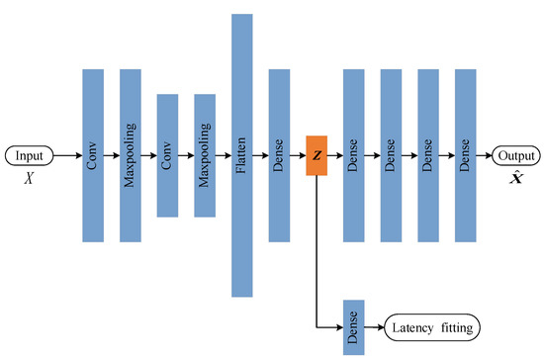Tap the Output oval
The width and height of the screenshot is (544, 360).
(517, 155)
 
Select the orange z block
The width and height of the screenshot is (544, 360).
(317, 155)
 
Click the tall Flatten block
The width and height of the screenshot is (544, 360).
(242, 155)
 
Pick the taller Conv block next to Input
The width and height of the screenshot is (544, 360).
(92, 155)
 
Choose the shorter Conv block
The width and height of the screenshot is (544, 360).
(167, 155)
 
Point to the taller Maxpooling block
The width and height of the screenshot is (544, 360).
(130, 155)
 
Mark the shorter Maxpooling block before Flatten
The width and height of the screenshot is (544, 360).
(205, 155)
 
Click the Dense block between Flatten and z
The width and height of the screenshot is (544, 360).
(280, 155)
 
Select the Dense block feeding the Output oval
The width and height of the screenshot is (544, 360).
(466, 155)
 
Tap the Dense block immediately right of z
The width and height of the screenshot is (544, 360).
(354, 155)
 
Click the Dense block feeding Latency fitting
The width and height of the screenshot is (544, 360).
(354, 326)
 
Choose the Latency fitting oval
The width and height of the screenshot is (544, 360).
(430, 326)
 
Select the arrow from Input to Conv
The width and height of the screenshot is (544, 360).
(67, 155)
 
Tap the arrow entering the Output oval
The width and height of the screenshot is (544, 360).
(485, 155)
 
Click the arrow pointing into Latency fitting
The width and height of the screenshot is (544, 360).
(375, 326)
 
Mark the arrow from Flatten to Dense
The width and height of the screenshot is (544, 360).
(261, 155)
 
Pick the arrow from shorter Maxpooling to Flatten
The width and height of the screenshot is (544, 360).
(224, 155)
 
